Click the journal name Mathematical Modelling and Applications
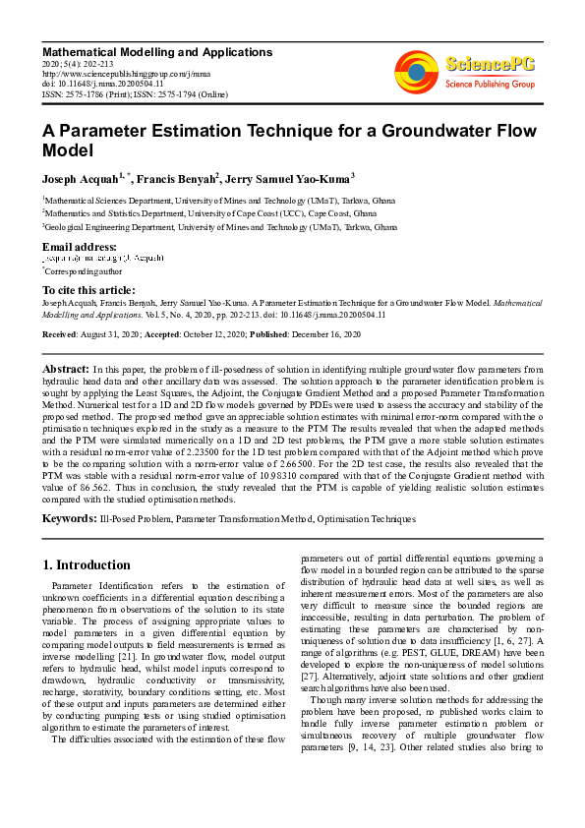point(156,51)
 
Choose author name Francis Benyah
point(174,180)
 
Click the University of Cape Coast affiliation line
point(208,211)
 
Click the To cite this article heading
point(88,290)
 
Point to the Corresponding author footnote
point(83,269)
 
